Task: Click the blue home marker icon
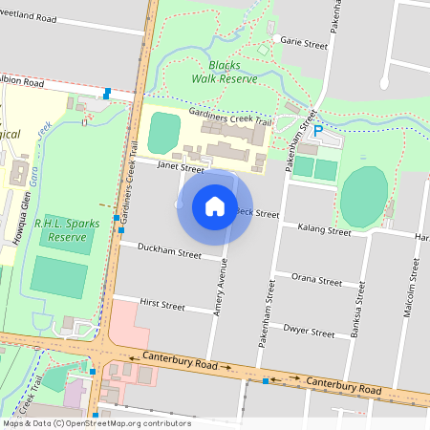(x=214, y=206)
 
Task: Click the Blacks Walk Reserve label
(x=225, y=73)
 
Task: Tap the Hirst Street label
(x=161, y=306)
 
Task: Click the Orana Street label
(x=317, y=282)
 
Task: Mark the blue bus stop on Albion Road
(x=106, y=93)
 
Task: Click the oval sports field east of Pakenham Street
(x=364, y=196)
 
